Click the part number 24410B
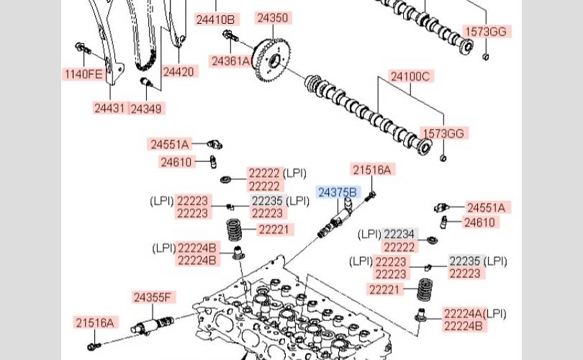click(x=216, y=19)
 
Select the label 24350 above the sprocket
click(x=273, y=17)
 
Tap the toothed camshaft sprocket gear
click(x=271, y=60)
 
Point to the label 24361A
click(x=230, y=61)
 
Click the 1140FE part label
click(x=83, y=74)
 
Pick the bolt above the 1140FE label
click(x=83, y=48)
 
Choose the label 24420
click(x=178, y=71)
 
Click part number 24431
click(x=109, y=108)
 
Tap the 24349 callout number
click(x=146, y=109)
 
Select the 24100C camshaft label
click(x=410, y=76)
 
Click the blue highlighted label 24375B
click(x=338, y=192)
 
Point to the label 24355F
click(x=153, y=297)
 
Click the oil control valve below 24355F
click(x=153, y=325)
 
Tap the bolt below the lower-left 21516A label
click(x=94, y=346)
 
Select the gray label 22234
click(x=399, y=234)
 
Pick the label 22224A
click(x=464, y=313)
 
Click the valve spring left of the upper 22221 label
click(x=234, y=230)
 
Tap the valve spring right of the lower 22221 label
click(x=425, y=289)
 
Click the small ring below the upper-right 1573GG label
click(x=485, y=57)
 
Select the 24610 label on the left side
click(x=176, y=162)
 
